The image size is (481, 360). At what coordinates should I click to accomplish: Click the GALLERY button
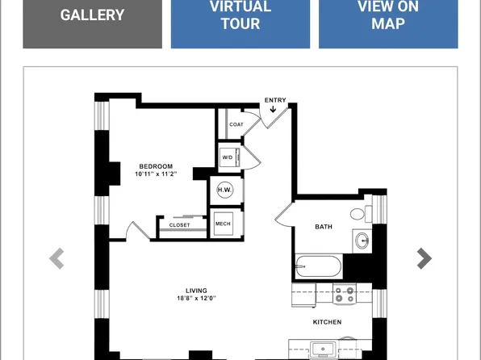(x=92, y=24)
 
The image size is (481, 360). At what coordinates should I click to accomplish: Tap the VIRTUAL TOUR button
(x=240, y=24)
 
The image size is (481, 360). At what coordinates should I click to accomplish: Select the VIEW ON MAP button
(x=388, y=24)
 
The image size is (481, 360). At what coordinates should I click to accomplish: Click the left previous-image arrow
(x=56, y=258)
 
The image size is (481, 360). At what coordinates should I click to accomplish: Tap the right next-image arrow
(x=425, y=258)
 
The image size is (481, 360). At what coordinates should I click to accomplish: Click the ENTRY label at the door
(x=275, y=100)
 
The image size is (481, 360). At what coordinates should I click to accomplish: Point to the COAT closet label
(x=236, y=124)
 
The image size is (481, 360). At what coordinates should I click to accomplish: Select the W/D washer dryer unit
(x=230, y=157)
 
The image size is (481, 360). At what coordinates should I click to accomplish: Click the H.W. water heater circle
(x=225, y=190)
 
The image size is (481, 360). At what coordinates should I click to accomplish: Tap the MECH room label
(x=223, y=224)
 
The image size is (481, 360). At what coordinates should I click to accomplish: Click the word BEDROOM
(x=156, y=166)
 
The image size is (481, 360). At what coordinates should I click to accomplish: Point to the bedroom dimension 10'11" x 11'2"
(x=156, y=174)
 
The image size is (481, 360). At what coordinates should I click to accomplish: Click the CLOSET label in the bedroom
(x=179, y=225)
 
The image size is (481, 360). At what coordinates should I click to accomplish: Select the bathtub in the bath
(x=319, y=266)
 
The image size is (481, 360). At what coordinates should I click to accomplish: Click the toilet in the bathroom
(x=361, y=214)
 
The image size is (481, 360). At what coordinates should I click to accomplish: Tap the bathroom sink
(x=362, y=241)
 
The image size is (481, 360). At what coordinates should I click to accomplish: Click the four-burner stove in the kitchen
(x=345, y=294)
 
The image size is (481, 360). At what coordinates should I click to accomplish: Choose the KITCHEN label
(x=327, y=322)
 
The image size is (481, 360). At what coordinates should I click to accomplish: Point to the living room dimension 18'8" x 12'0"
(x=196, y=298)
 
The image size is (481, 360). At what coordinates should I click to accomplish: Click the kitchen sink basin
(x=323, y=350)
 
